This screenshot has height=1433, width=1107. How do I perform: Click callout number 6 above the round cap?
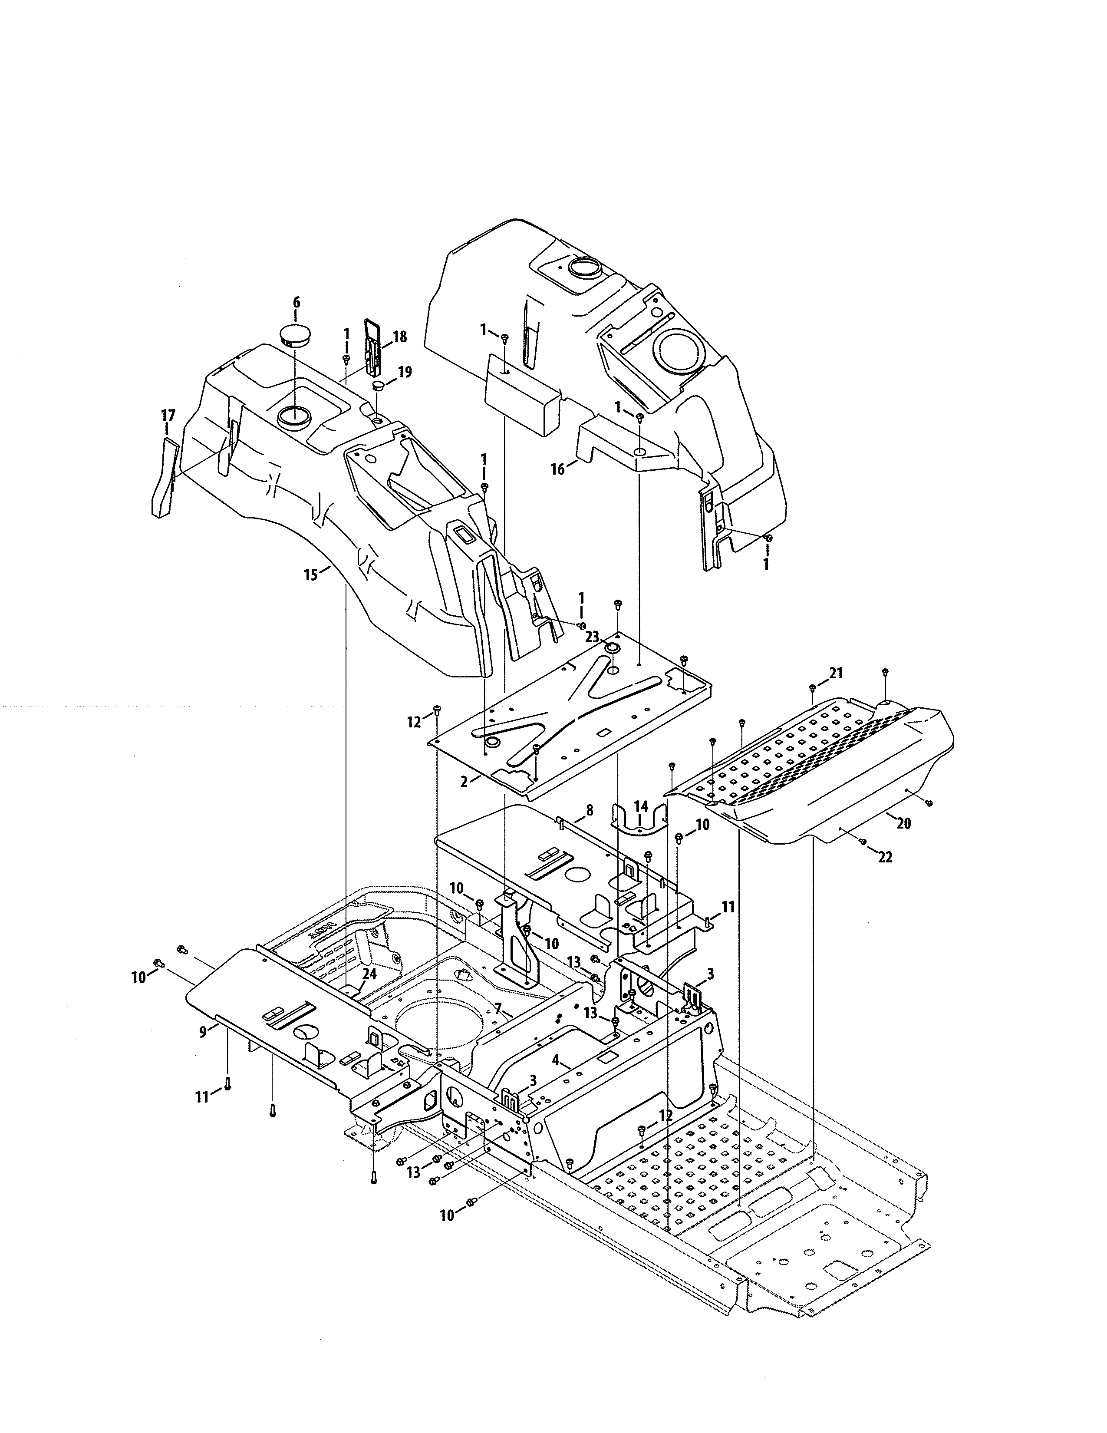[297, 303]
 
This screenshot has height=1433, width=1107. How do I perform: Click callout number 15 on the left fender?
[311, 575]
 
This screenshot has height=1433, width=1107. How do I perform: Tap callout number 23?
[592, 637]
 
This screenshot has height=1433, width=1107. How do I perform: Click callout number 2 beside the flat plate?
[464, 782]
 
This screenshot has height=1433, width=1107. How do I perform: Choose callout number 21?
[836, 673]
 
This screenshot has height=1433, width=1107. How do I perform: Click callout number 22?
[885, 857]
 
